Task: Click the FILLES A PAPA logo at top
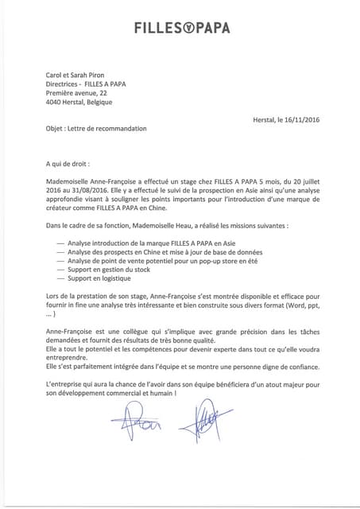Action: click(x=182, y=29)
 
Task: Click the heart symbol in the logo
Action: click(x=183, y=29)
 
